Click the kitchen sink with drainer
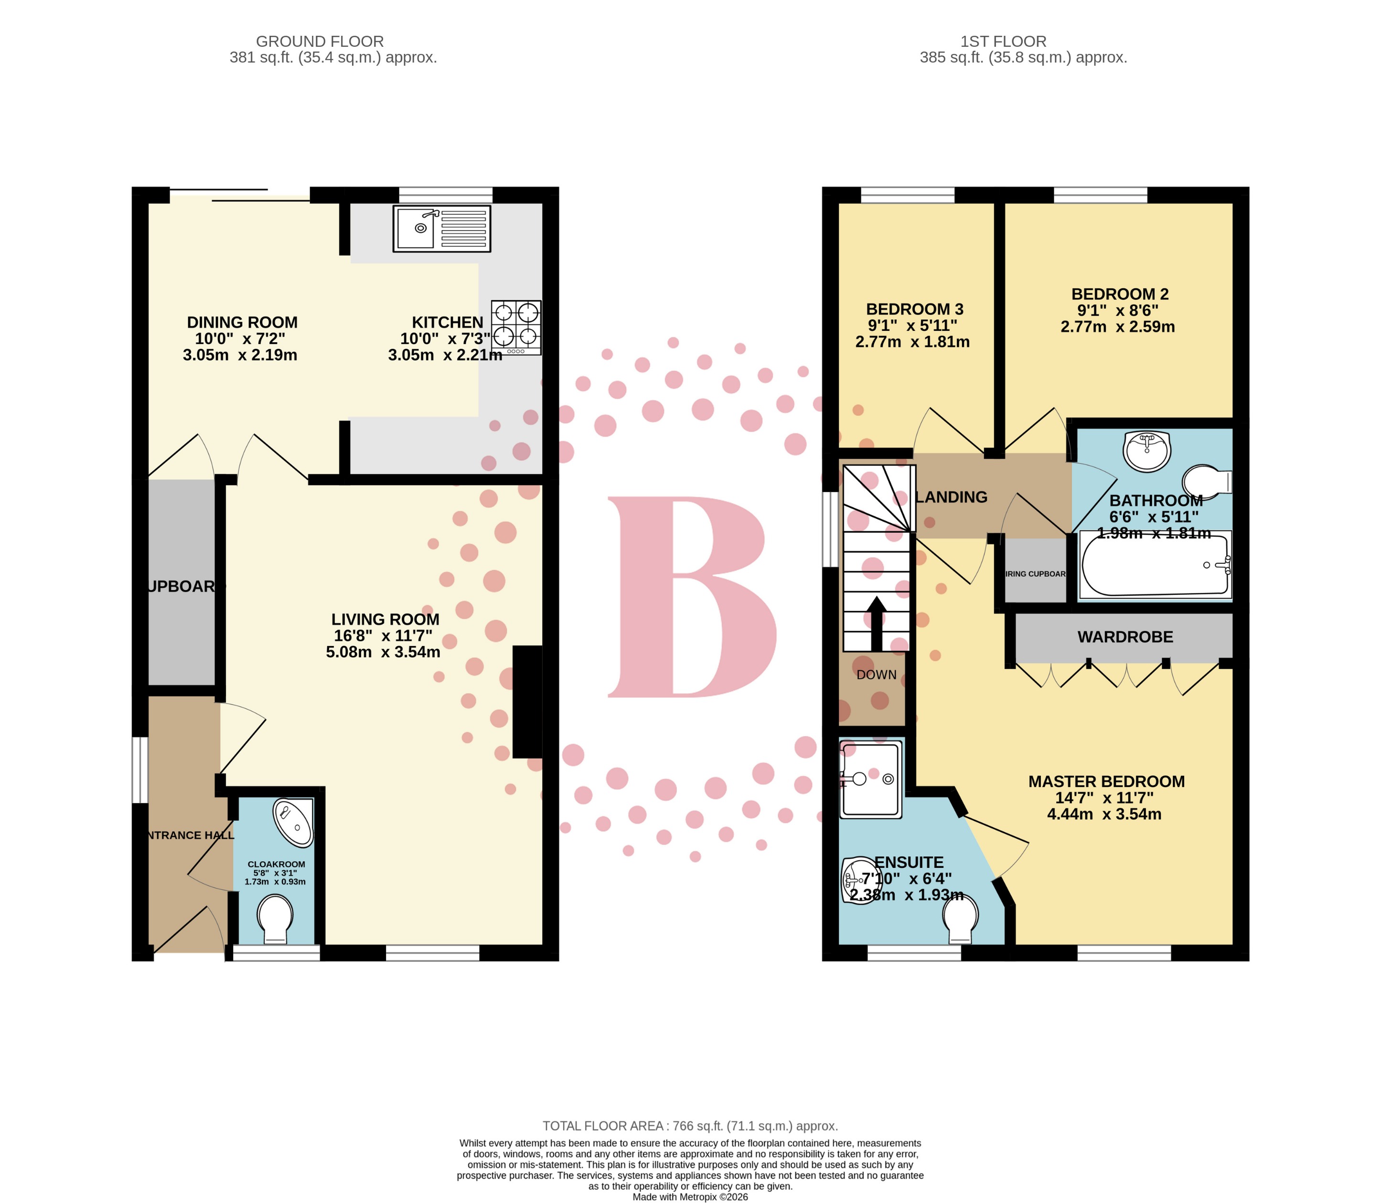(x=441, y=228)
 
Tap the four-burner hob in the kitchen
(x=516, y=327)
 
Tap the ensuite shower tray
(x=870, y=780)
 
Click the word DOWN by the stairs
(x=876, y=675)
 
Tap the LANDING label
(x=951, y=497)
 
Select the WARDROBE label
(x=1125, y=637)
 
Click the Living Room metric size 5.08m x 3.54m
(x=383, y=652)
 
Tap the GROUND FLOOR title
(x=320, y=42)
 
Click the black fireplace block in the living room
(x=527, y=702)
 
